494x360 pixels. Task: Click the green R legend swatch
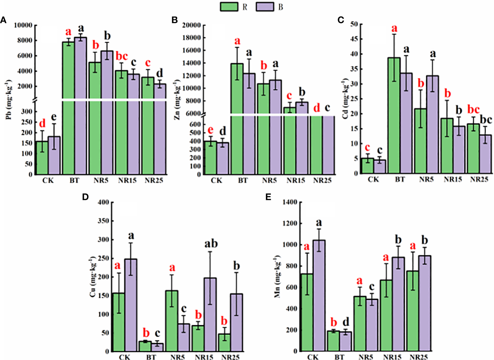(x=229, y=7)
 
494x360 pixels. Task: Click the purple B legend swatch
(x=265, y=7)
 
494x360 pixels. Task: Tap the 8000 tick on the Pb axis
(x=25, y=40)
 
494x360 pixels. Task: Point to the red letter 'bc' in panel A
(x=121, y=56)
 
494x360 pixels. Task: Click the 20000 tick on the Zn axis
(x=191, y=25)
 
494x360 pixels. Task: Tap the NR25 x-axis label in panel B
(x=322, y=181)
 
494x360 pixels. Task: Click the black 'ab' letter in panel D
(x=210, y=244)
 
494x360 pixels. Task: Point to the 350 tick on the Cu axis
(x=104, y=221)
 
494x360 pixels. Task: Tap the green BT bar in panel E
(x=333, y=341)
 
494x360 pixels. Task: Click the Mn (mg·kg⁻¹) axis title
(x=277, y=276)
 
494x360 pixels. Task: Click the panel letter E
(x=268, y=197)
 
